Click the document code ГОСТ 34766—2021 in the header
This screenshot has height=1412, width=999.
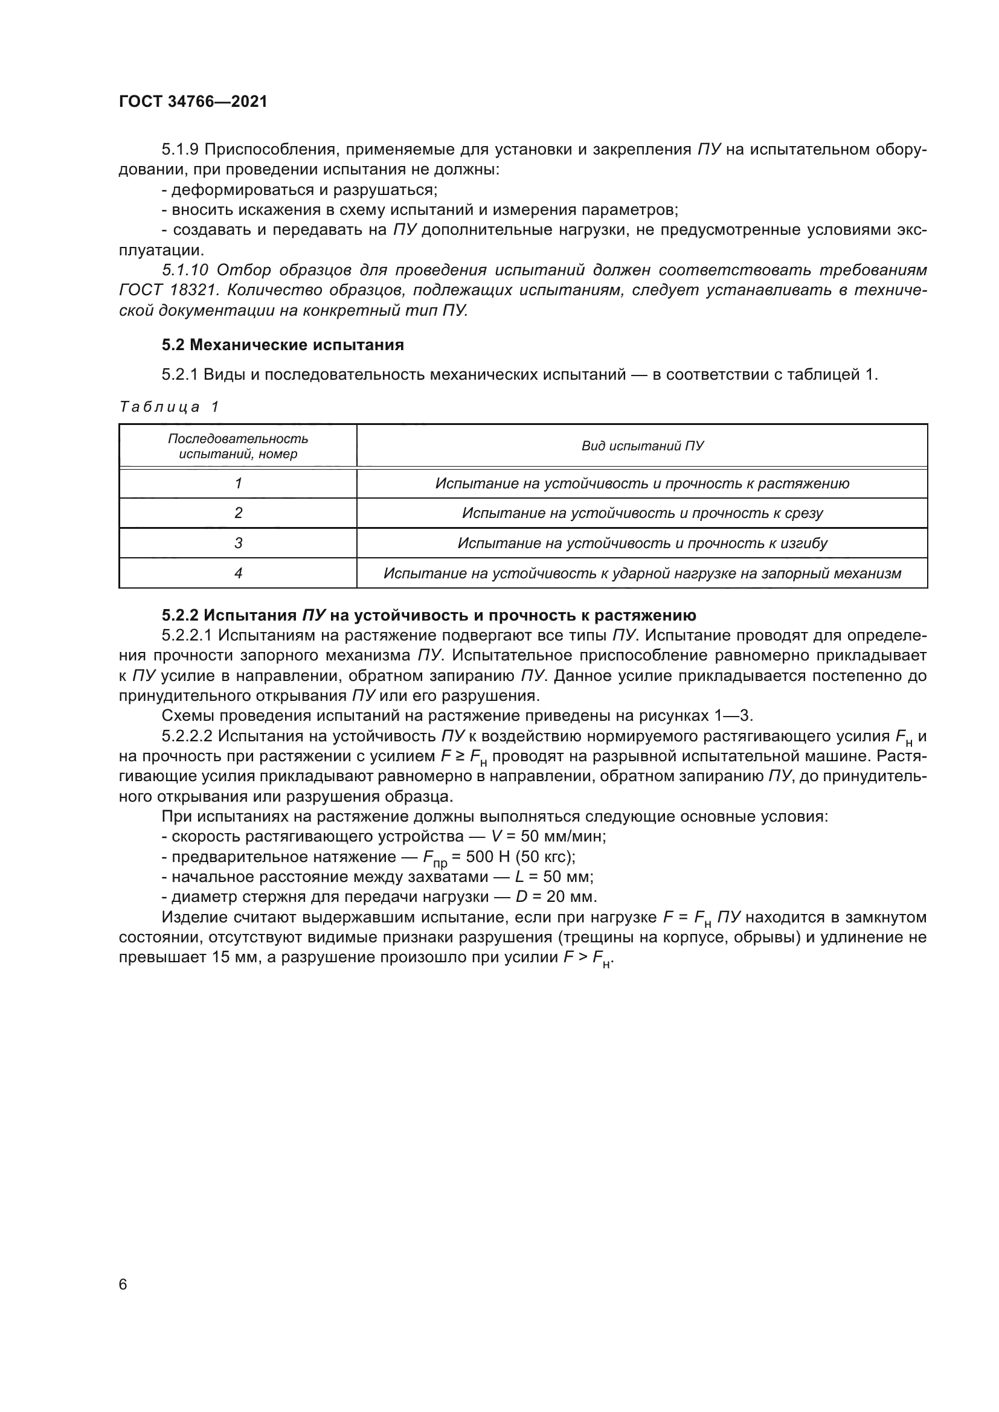[x=193, y=102]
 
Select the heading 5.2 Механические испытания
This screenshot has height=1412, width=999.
[x=283, y=345]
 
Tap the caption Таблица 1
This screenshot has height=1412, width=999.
[x=169, y=406]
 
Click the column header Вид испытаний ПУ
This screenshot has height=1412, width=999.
[x=642, y=446]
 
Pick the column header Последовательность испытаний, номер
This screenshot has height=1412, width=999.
[x=238, y=446]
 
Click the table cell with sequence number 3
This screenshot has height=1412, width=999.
[x=238, y=543]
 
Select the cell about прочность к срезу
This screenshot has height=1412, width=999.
[x=642, y=513]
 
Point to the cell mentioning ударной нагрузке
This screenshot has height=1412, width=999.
[x=642, y=573]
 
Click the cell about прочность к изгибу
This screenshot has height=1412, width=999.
[x=642, y=543]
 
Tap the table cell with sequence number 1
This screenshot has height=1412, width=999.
[x=238, y=484]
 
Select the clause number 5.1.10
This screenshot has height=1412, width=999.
[x=186, y=270]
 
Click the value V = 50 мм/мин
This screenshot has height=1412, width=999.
[x=548, y=836]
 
